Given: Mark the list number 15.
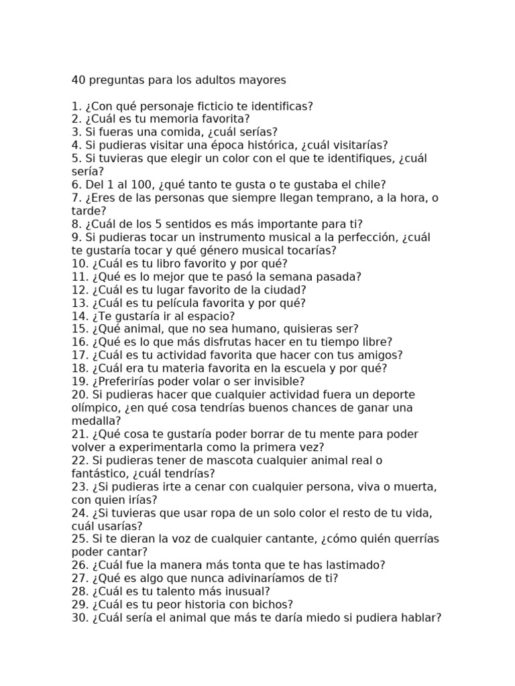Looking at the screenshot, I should click(80, 329).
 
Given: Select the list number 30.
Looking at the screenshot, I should click(80, 618).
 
